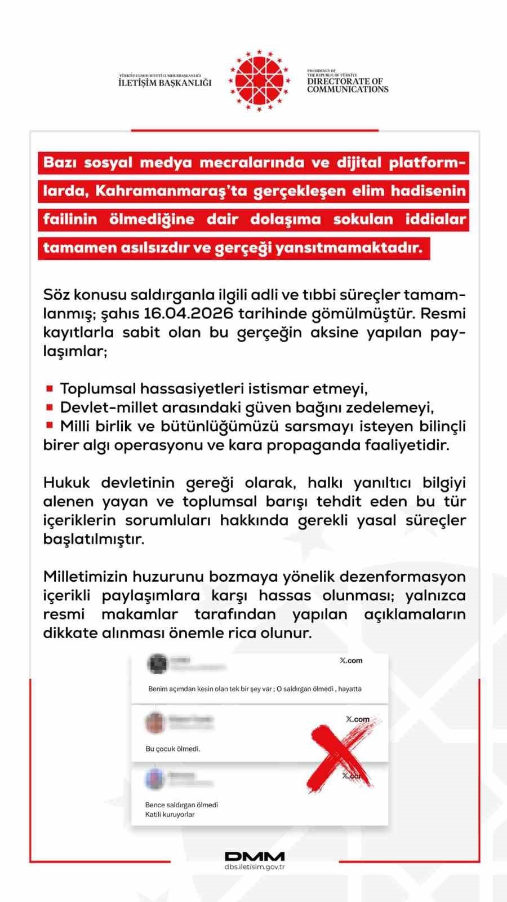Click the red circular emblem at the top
click(259, 81)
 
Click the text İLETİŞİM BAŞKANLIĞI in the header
click(165, 83)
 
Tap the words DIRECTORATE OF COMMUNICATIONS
click(348, 85)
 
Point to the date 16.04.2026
click(192, 313)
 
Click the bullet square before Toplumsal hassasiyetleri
click(50, 388)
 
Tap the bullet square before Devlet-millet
click(50, 406)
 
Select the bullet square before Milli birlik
click(50, 425)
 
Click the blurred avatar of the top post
click(157, 665)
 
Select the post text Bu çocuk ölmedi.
click(173, 749)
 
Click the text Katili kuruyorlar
click(170, 815)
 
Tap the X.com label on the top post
click(351, 661)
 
